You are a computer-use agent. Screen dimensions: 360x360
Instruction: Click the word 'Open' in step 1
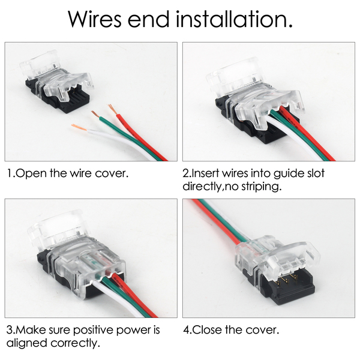[29, 174]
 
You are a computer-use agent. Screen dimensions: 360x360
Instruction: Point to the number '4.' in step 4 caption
[187, 331]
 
